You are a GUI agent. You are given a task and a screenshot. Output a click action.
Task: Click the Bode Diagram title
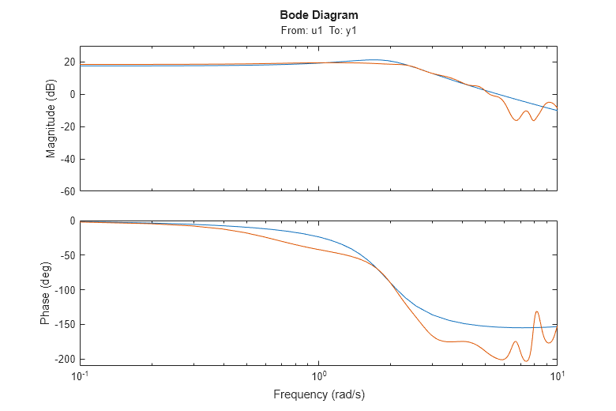[318, 15]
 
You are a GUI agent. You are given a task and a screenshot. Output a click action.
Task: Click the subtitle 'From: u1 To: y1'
[318, 30]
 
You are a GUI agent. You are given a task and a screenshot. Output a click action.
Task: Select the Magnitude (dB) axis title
[51, 119]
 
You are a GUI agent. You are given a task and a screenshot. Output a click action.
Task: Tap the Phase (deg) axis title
[45, 293]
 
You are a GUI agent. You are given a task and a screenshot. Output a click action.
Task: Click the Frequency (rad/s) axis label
[318, 394]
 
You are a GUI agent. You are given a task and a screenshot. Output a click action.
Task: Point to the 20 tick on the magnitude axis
[69, 62]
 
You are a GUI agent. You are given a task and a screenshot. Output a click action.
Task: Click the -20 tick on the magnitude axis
[67, 126]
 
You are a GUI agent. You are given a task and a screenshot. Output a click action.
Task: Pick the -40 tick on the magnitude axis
[67, 159]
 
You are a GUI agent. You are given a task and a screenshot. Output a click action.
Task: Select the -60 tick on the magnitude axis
[67, 190]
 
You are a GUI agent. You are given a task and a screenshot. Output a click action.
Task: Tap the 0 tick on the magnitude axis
[72, 95]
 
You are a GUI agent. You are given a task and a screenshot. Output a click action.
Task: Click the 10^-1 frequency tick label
[80, 375]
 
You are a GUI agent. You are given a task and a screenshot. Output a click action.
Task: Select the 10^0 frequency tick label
[318, 375]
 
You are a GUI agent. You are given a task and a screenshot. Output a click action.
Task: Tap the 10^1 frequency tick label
[557, 375]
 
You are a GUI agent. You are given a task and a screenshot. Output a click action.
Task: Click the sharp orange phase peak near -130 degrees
[537, 311]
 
